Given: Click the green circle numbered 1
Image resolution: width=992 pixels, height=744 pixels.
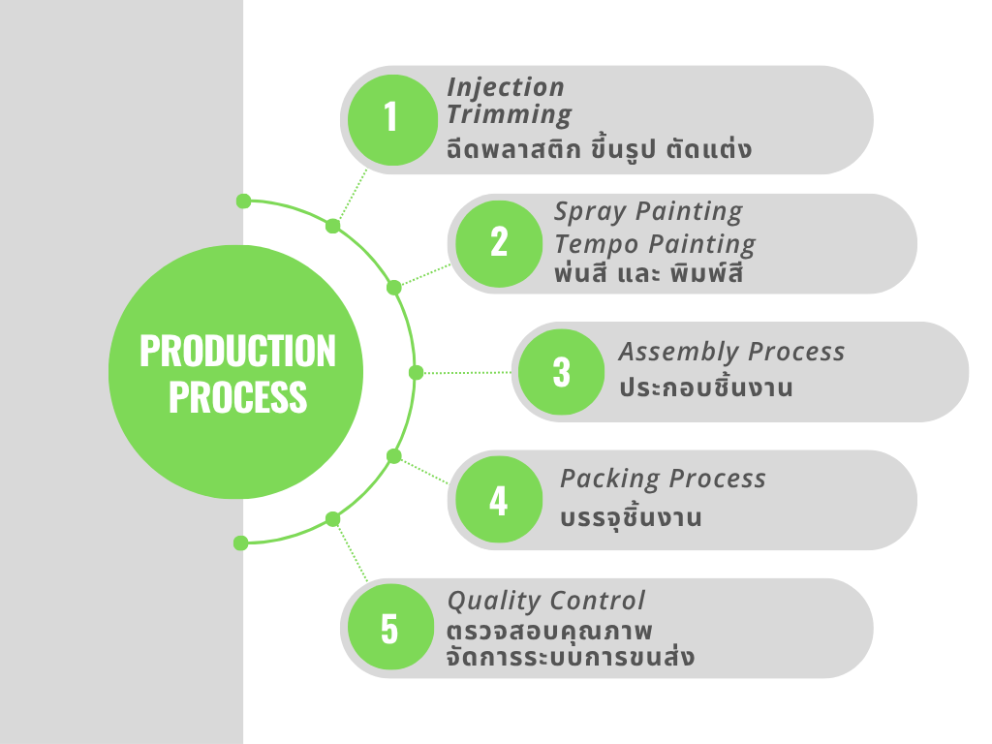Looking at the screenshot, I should (389, 119).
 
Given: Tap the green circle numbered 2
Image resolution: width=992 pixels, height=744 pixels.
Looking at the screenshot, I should (498, 243).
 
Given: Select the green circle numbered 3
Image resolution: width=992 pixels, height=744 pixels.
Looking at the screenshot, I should (562, 372).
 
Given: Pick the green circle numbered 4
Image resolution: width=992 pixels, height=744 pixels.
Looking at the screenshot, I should (498, 500).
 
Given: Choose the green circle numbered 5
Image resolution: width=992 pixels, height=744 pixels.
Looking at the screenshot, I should (389, 628).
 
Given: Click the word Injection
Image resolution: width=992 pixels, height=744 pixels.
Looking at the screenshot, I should (506, 87).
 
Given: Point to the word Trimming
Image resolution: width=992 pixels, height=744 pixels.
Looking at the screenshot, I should (510, 114).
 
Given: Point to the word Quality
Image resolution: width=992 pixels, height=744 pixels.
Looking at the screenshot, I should (493, 601).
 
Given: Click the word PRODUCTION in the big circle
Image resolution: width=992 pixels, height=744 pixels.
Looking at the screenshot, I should (237, 351).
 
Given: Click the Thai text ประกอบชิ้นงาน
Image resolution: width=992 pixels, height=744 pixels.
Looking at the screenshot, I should (705, 388).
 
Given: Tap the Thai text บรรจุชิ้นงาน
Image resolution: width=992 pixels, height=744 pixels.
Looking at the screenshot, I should (631, 517).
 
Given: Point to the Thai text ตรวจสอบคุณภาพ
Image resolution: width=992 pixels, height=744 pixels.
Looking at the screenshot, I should (549, 631).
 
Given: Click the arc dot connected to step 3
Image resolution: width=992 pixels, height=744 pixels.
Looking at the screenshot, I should (417, 372).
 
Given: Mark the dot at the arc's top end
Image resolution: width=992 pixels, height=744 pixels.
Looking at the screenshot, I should (243, 201).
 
